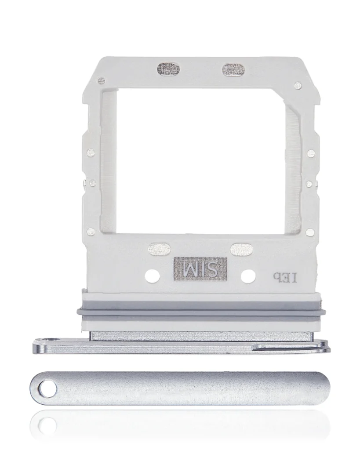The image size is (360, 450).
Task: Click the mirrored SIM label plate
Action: pos(200,269)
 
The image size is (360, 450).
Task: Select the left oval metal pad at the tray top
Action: pos(168,70)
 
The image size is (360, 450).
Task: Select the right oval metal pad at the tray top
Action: pos(234,70)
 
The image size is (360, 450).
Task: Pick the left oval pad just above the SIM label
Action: pos(159,249)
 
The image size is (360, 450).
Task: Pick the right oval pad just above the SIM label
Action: pos(241,249)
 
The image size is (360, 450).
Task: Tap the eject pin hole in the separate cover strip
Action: pos(47,389)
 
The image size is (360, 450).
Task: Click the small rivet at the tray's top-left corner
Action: pos(101,81)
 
